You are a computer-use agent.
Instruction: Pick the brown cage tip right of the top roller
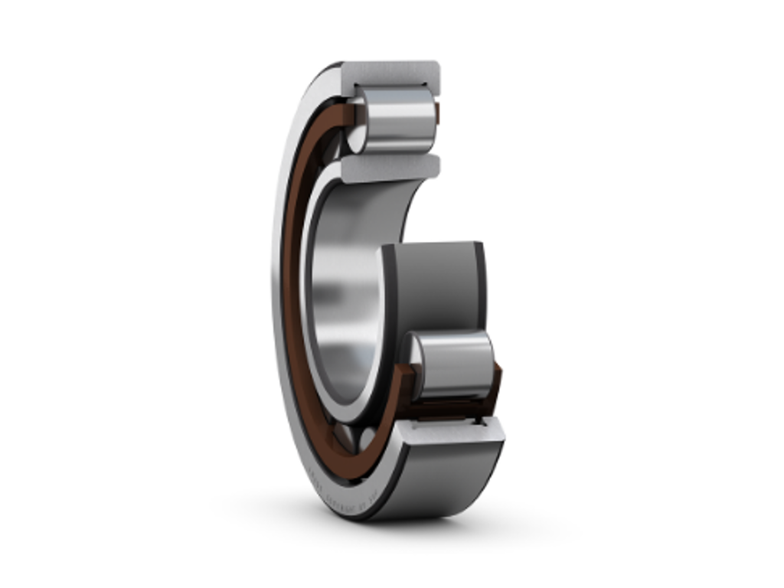437,113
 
